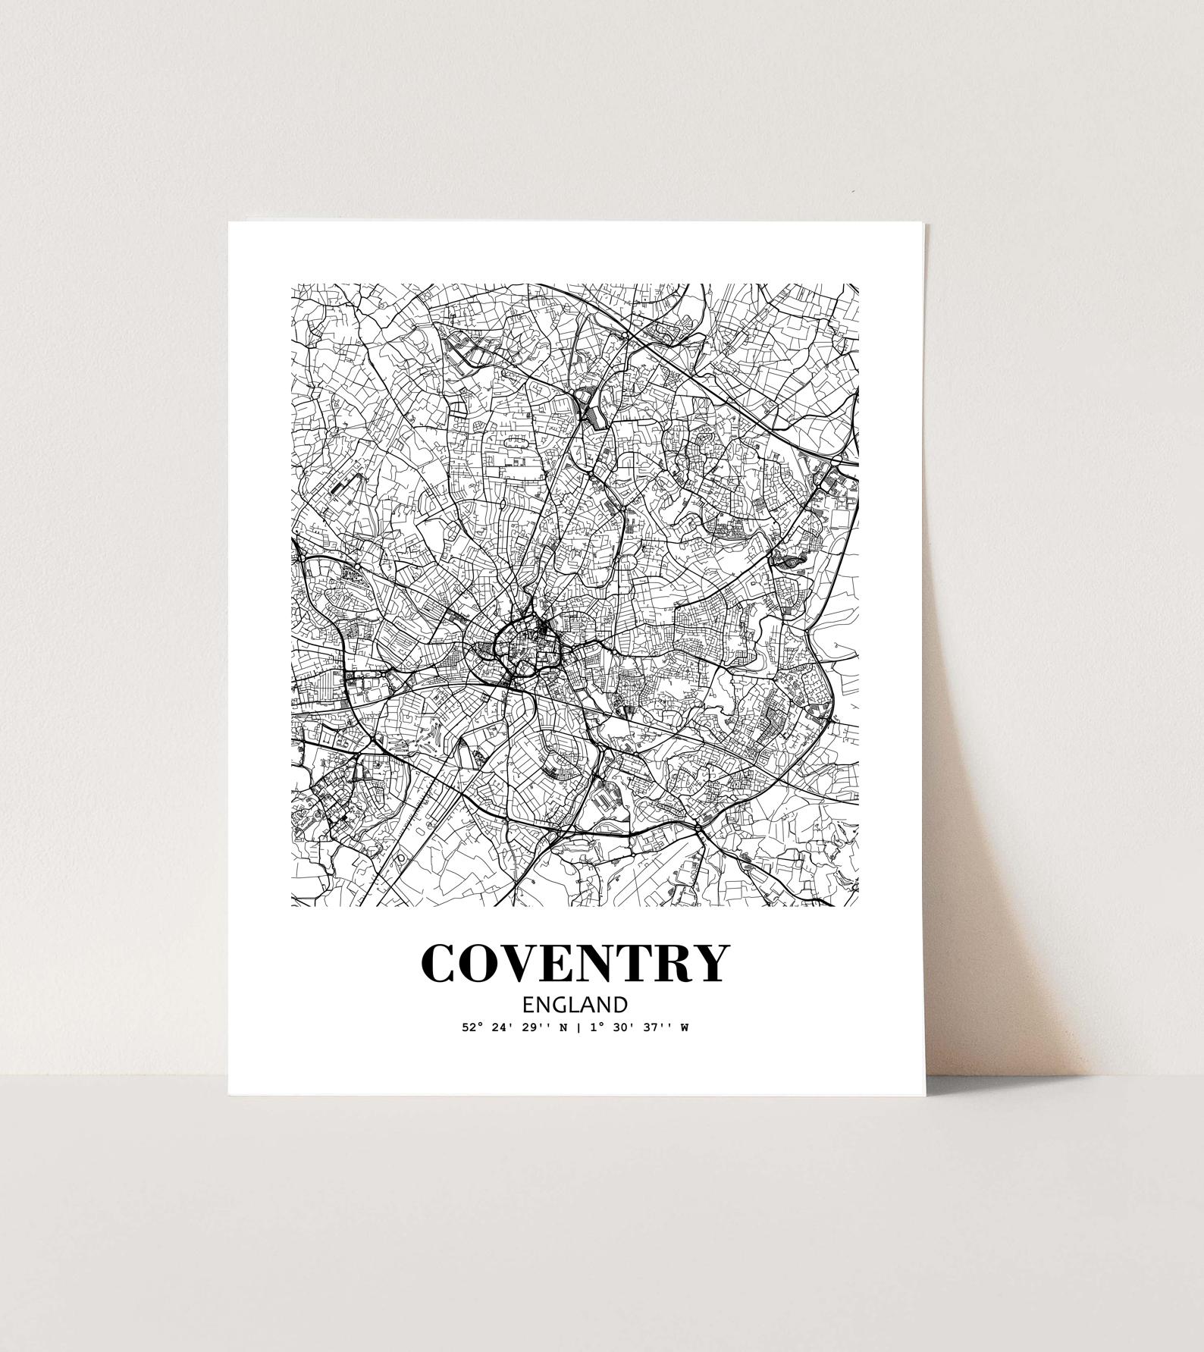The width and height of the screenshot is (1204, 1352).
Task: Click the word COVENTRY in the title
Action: pyautogui.click(x=575, y=962)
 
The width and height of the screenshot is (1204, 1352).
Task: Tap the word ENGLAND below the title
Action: pyautogui.click(x=575, y=1005)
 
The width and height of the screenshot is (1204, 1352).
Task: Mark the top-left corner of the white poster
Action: pyautogui.click(x=229, y=222)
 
